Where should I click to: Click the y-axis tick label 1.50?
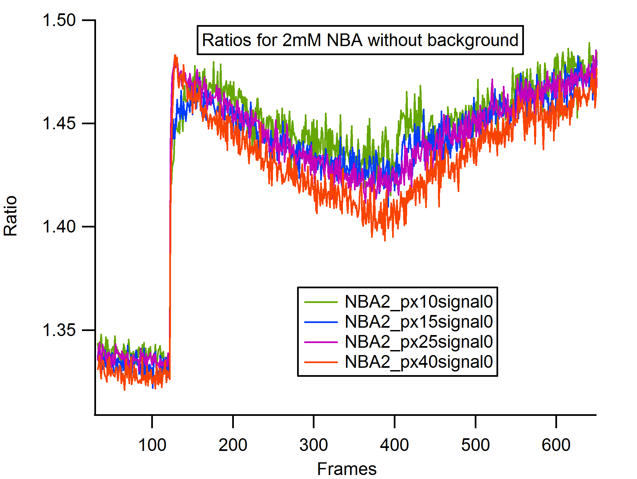tap(59, 20)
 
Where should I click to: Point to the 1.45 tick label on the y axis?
tap(59, 124)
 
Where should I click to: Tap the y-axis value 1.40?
tap(59, 227)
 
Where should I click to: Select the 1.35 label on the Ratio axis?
tap(59, 330)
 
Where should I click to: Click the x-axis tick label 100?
tap(152, 445)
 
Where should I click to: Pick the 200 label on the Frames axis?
tap(233, 445)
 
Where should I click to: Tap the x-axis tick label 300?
tap(313, 445)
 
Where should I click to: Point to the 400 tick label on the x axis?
tap(394, 445)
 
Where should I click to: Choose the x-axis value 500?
tap(475, 445)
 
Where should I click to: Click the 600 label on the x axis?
tap(556, 445)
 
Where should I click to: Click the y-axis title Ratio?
tap(10, 216)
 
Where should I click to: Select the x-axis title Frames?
tap(347, 469)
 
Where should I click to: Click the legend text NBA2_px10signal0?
tap(419, 302)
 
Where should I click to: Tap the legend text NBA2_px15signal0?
tap(419, 322)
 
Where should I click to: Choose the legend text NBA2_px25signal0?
tap(419, 342)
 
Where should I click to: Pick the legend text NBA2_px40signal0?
tap(419, 362)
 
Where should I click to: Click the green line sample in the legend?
tap(321, 302)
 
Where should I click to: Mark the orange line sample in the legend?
tap(321, 362)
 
